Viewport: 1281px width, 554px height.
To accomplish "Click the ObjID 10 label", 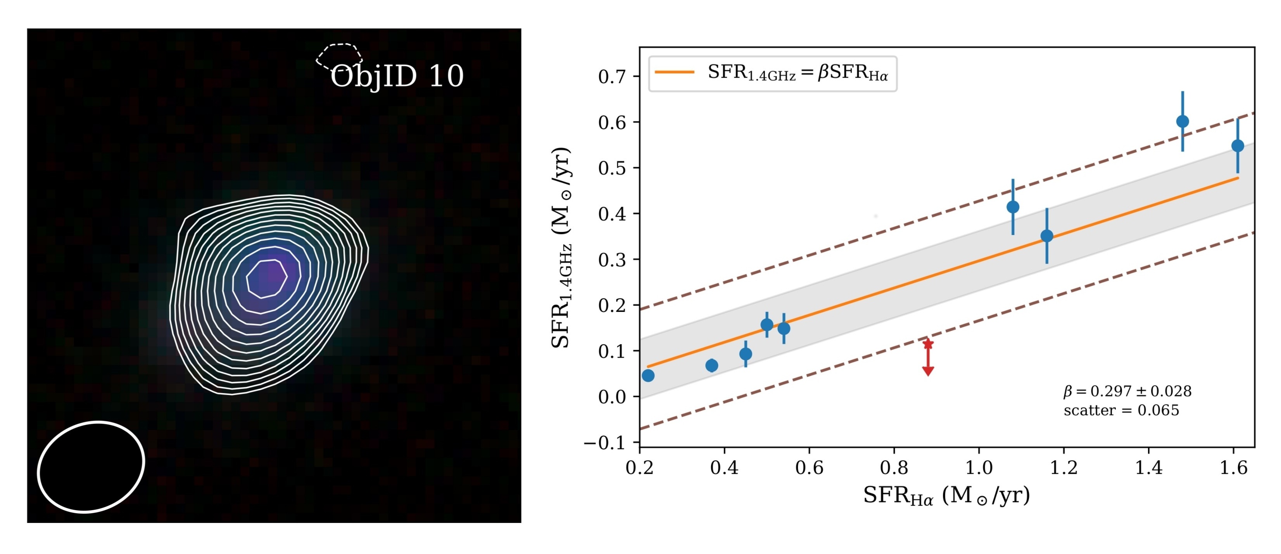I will point(397,76).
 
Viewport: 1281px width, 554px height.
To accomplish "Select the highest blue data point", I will point(1183,121).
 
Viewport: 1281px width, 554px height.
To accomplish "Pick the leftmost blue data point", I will point(648,375).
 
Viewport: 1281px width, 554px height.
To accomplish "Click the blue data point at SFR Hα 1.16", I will point(1047,236).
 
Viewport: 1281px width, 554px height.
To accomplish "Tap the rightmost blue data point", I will point(1238,146).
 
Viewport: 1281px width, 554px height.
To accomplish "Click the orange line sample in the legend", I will point(674,73).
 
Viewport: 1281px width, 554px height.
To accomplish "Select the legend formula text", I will point(798,73).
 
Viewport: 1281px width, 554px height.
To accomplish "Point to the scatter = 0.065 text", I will point(1121,410).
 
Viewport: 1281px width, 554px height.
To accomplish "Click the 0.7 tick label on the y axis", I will point(612,77).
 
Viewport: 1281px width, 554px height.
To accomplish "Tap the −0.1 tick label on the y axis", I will point(605,443).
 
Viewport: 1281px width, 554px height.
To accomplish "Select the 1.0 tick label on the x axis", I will point(979,468).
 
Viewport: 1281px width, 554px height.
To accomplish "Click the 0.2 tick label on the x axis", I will point(639,468).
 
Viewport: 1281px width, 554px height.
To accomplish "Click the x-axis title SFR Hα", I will point(946,496).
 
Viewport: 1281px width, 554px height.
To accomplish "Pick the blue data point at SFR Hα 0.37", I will point(711,365).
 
